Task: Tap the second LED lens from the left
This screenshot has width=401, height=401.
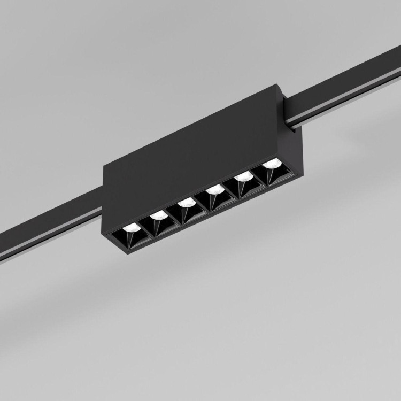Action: click(157, 214)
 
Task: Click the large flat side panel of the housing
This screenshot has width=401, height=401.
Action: click(187, 155)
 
